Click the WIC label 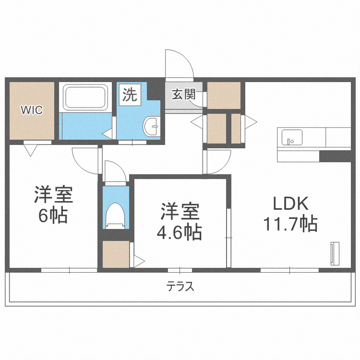pyautogui.click(x=32, y=110)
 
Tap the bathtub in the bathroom pyautogui.click(x=85, y=97)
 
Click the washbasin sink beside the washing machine pyautogui.click(x=152, y=126)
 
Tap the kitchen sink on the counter pyautogui.click(x=292, y=137)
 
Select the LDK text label pyautogui.click(x=290, y=204)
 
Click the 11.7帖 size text pyautogui.click(x=290, y=224)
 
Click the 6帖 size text pyautogui.click(x=53, y=216)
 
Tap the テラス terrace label pyautogui.click(x=180, y=287)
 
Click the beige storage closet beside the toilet pyautogui.click(x=116, y=254)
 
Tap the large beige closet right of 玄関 pyautogui.click(x=224, y=96)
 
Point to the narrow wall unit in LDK pyautogui.click(x=335, y=253)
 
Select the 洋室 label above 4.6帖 pyautogui.click(x=180, y=211)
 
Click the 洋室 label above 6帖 pyautogui.click(x=53, y=195)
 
